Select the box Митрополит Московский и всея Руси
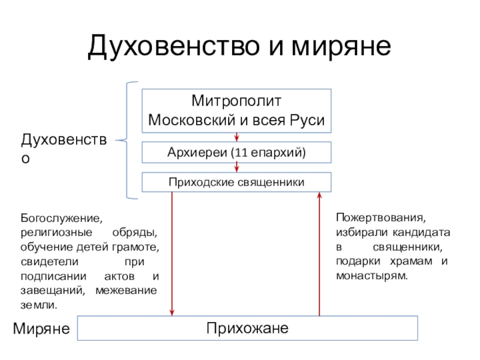coord(236,110)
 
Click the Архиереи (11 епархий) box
coord(236,152)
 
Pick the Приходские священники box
coord(236,182)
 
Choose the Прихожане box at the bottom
coord(248,328)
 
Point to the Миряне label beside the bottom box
coord(42,329)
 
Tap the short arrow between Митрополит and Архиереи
coord(236,137)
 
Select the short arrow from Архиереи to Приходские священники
coord(236,167)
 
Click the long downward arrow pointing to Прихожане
coord(172,252)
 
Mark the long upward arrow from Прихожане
coord(319,252)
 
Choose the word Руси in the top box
coord(309,121)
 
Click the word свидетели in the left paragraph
coord(45,261)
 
